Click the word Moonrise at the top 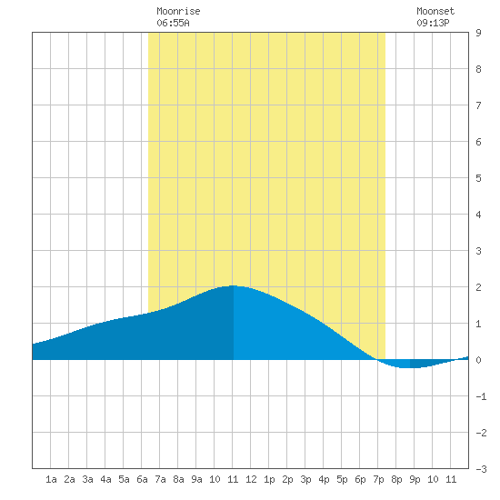click(178, 11)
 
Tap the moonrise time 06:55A click(173, 23)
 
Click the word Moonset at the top click(435, 11)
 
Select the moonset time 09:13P click(433, 23)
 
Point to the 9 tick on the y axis click(478, 33)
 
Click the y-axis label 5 click(478, 178)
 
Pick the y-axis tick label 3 click(478, 251)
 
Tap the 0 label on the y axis click(478, 360)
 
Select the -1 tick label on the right click(481, 396)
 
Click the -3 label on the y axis click(481, 469)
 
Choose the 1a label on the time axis click(51, 479)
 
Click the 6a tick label click(142, 479)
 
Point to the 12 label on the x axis click(251, 479)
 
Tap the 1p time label click(269, 479)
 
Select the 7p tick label click(378, 479)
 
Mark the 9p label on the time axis click(415, 479)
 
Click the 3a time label click(87, 479)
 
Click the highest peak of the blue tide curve click(233, 285)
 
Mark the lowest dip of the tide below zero click(405, 367)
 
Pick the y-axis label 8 click(478, 69)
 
